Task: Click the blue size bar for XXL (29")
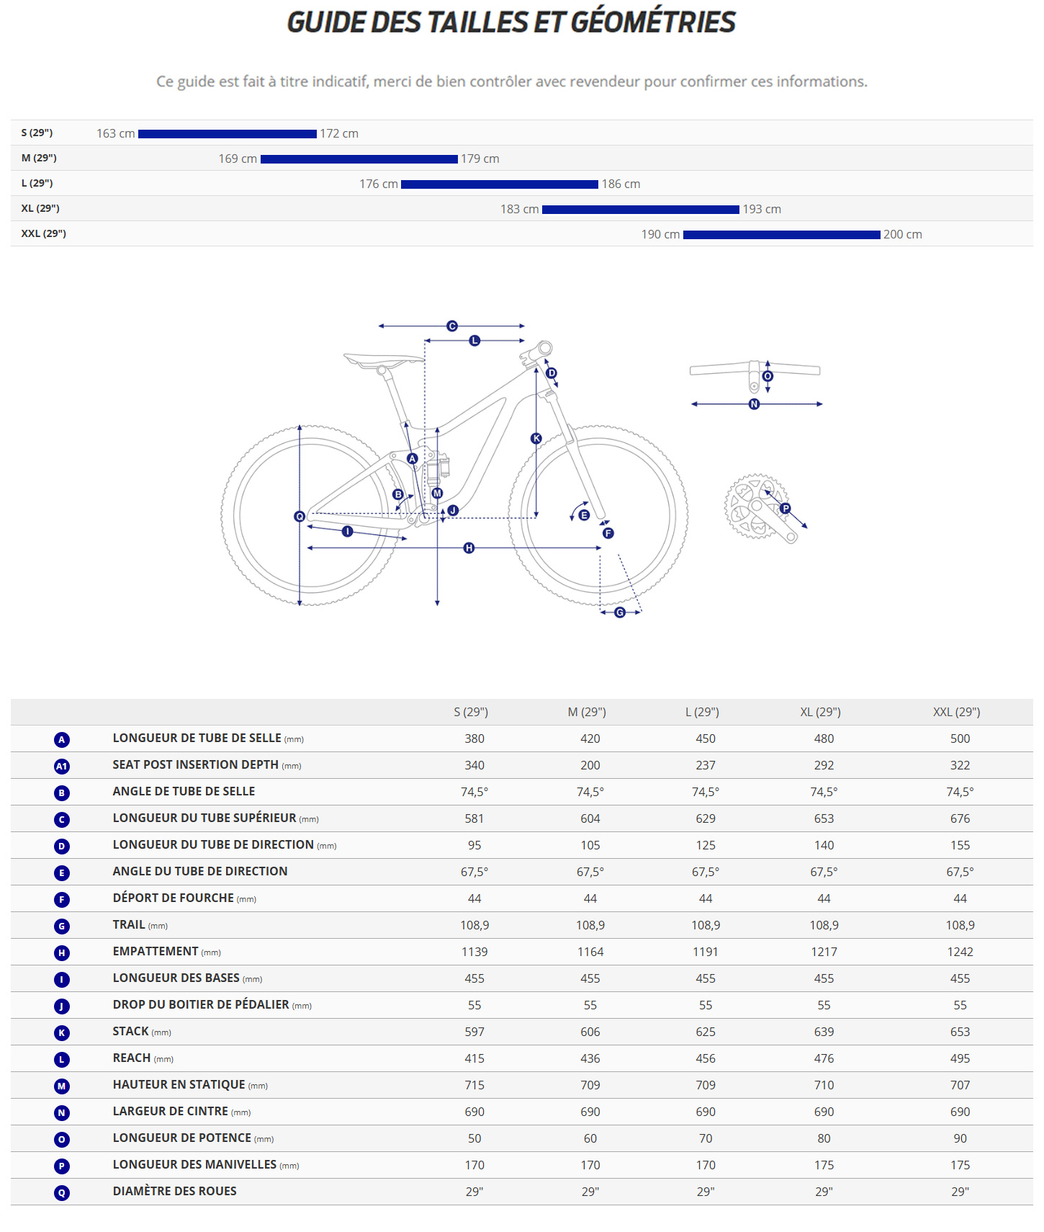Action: (x=781, y=235)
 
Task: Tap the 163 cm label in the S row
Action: (x=115, y=134)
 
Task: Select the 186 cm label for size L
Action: (x=621, y=184)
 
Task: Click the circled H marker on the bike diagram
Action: (x=469, y=548)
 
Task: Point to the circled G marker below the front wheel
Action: (x=620, y=612)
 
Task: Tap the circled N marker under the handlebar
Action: (x=754, y=404)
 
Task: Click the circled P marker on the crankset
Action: (x=786, y=509)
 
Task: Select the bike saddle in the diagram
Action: (x=382, y=360)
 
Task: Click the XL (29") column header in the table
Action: (x=820, y=712)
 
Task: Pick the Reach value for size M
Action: (x=590, y=1058)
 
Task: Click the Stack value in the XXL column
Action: (x=960, y=1032)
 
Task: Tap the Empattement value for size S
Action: (x=474, y=952)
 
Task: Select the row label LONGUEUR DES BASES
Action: (x=176, y=978)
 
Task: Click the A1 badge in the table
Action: (x=62, y=766)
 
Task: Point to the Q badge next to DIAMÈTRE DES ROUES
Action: (x=62, y=1192)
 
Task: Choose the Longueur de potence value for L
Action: (x=705, y=1138)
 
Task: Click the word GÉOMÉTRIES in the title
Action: (x=653, y=22)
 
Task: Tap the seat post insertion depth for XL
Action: (x=824, y=765)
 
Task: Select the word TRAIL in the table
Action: (x=129, y=924)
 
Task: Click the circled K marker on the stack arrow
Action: (x=536, y=438)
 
